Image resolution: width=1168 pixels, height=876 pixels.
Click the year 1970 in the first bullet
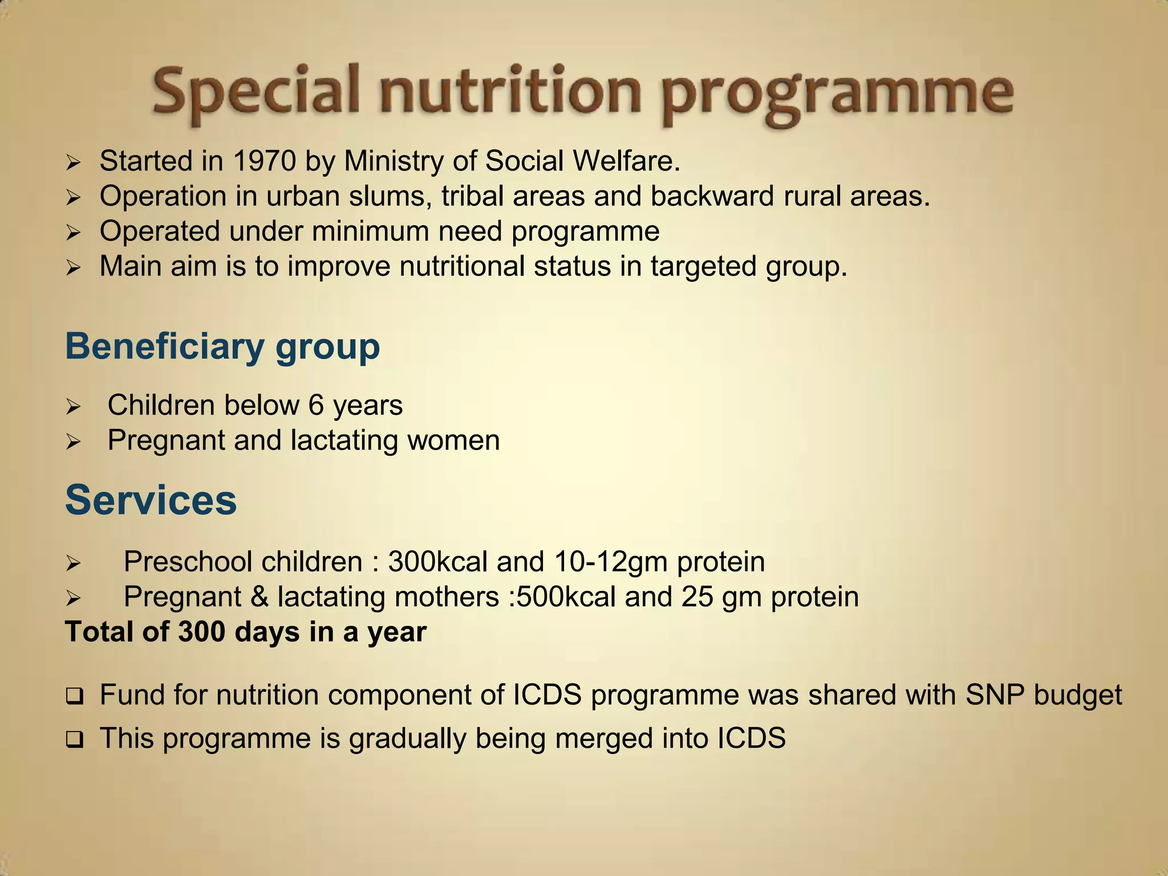pyautogui.click(x=264, y=161)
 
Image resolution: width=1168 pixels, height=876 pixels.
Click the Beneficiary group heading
pyautogui.click(x=222, y=347)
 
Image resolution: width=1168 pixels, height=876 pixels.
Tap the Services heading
pyautogui.click(x=151, y=500)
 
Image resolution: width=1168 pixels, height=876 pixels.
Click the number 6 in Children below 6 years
pyautogui.click(x=316, y=405)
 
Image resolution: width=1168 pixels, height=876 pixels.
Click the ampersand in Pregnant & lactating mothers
pyautogui.click(x=259, y=597)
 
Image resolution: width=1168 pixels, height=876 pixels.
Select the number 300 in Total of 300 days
pyautogui.click(x=202, y=632)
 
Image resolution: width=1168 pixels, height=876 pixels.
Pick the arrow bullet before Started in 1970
pyautogui.click(x=73, y=163)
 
